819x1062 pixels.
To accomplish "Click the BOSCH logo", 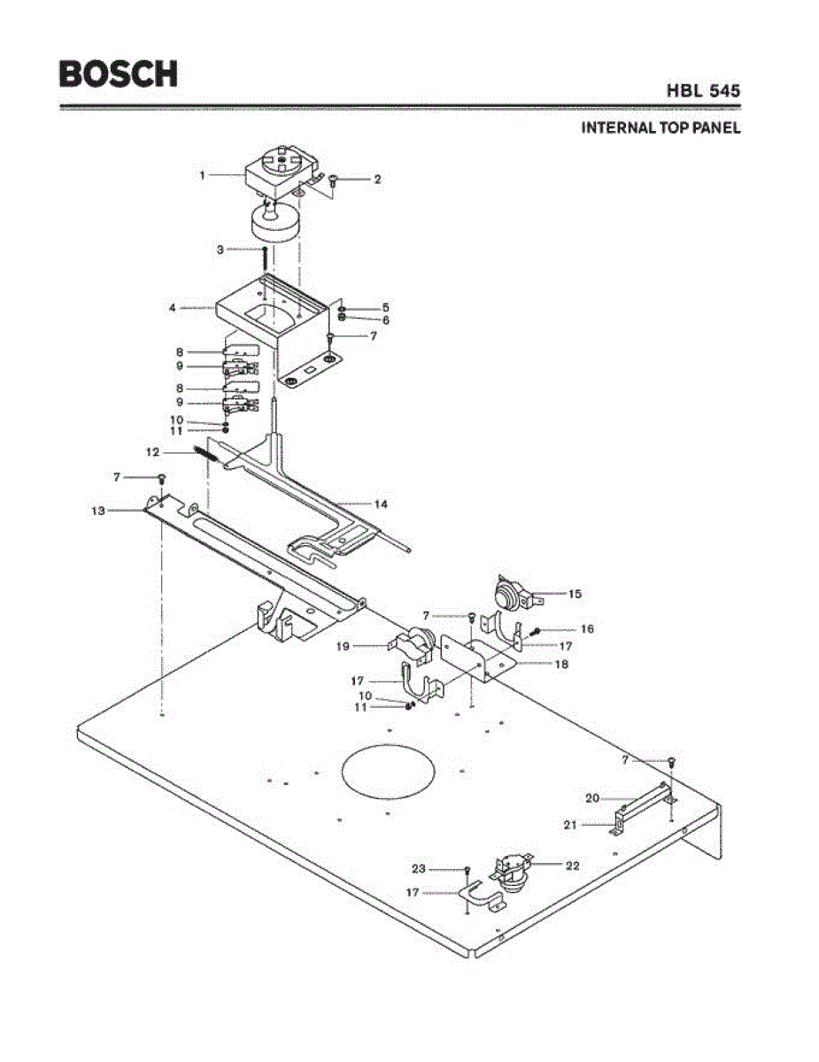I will tap(118, 73).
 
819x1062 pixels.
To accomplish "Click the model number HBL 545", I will tap(704, 90).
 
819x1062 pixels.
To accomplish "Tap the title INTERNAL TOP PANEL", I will tap(661, 127).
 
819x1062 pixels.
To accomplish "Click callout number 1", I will tap(202, 175).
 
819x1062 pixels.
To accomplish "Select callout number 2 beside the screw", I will tap(377, 179).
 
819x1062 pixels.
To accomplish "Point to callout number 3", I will tap(220, 250).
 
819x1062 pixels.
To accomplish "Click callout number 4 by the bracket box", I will tap(172, 308).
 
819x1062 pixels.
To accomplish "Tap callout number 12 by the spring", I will tap(152, 451).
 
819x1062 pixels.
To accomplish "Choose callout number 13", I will tap(98, 511).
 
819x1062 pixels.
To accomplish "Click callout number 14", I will tap(381, 504).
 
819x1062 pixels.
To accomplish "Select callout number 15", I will tap(575, 594).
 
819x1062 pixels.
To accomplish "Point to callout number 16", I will tap(587, 629).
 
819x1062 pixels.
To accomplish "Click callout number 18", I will tap(560, 664).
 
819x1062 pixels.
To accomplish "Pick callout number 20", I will tap(592, 798).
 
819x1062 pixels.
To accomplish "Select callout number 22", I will tap(572, 866).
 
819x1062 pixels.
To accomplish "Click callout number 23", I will tap(419, 868).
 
